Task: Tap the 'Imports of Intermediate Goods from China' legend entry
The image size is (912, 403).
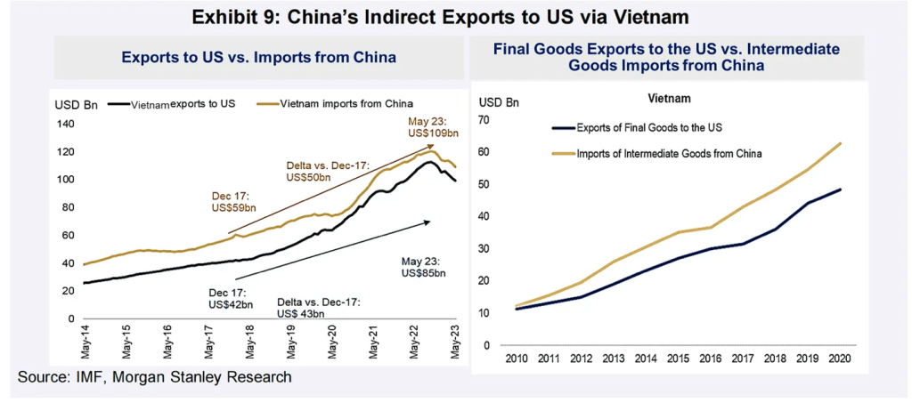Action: [x=672, y=153]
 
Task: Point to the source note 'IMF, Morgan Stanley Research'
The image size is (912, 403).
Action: [x=155, y=378]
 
